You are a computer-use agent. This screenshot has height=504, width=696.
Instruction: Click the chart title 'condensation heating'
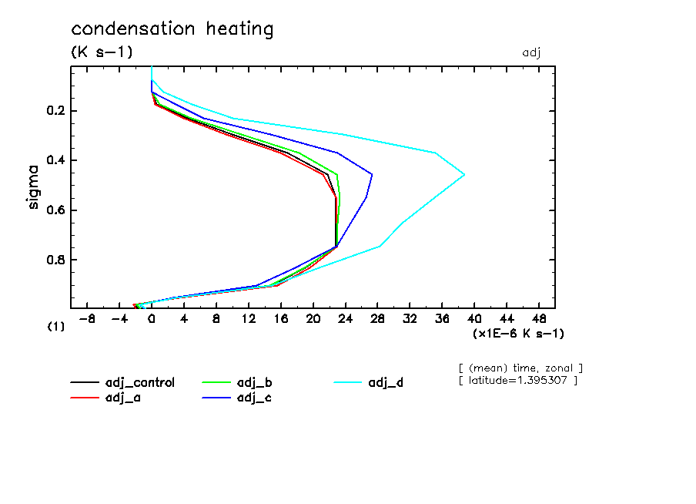tap(172, 30)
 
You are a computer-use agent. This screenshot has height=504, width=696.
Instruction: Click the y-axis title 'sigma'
tap(33, 186)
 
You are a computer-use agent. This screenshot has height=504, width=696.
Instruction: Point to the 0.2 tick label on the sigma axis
tap(57, 111)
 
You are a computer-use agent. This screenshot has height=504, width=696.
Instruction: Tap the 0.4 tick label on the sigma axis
tap(57, 160)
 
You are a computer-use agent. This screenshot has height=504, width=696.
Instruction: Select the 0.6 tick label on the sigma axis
tap(57, 210)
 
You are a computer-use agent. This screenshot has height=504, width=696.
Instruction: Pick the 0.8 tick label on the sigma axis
tap(57, 260)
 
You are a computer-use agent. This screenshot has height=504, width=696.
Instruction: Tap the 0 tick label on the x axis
tap(152, 318)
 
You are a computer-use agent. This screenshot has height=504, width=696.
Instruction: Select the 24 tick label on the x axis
tap(346, 318)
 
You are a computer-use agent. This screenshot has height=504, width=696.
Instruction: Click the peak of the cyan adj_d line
tap(464, 175)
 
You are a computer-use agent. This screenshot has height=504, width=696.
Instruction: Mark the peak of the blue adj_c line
tap(373, 174)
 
